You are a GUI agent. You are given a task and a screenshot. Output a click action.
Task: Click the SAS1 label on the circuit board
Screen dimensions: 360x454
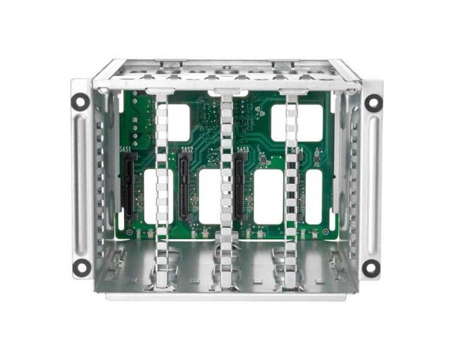[125, 149]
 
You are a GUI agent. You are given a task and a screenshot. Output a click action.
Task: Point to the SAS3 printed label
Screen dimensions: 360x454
[243, 149]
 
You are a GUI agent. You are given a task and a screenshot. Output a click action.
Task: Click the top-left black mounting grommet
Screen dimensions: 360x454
[80, 101]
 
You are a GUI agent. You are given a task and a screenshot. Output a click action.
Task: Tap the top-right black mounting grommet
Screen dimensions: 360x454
[373, 101]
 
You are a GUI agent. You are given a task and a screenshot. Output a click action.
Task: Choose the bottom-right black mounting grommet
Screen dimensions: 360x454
[371, 267]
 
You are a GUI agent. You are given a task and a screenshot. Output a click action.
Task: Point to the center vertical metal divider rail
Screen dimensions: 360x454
[226, 189]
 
